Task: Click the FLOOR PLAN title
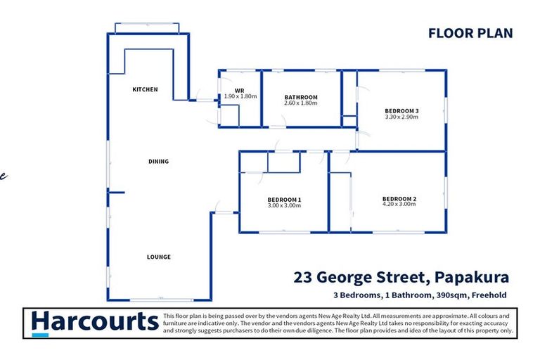pos(470,33)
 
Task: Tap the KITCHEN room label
pos(145,89)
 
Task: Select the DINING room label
pos(158,162)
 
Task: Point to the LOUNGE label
pos(159,257)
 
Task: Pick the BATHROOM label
pos(301,97)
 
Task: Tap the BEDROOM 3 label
pos(401,110)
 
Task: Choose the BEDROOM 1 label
pos(284,199)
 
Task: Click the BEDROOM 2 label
pos(399,198)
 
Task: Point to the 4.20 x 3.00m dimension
pos(399,205)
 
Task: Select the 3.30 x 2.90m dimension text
pos(401,117)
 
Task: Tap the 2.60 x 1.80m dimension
pos(301,103)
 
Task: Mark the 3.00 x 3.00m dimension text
pos(284,205)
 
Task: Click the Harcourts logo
pos(94,322)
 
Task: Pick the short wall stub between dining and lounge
pos(116,193)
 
